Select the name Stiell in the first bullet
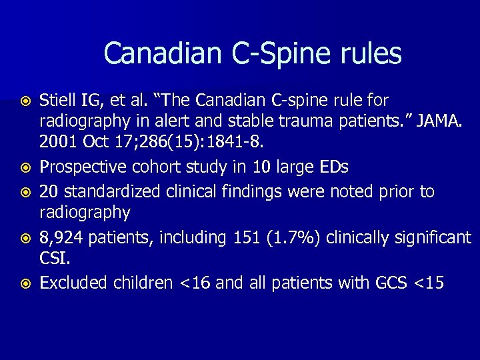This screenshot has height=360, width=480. [x=58, y=101]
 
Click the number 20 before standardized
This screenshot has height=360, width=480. [x=48, y=192]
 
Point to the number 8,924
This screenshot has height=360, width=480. [x=61, y=237]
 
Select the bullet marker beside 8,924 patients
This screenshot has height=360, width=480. [x=27, y=237]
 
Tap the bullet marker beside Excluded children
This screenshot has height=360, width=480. [x=27, y=283]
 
